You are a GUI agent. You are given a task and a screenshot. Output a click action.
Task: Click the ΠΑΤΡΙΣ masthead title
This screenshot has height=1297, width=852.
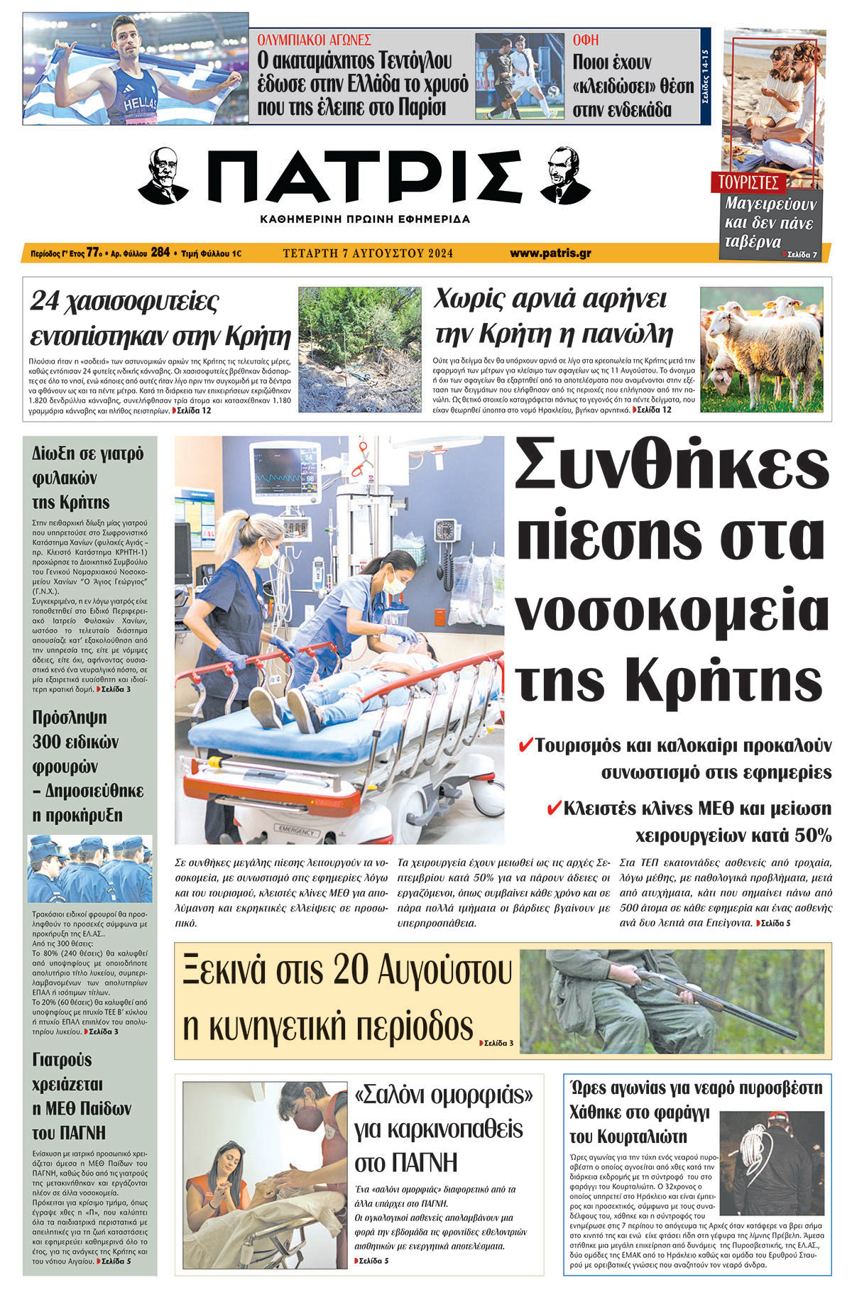click(364, 177)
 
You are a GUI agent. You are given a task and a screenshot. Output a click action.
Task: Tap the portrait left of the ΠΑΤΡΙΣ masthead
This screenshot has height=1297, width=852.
click(163, 175)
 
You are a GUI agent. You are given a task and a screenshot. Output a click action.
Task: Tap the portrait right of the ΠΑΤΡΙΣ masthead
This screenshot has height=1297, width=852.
click(564, 175)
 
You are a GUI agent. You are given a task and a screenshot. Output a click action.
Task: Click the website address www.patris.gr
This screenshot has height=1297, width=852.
click(550, 253)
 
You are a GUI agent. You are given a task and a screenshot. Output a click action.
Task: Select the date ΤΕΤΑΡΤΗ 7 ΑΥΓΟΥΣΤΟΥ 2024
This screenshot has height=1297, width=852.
click(368, 253)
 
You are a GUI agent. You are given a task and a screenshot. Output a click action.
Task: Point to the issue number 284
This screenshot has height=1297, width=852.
click(160, 252)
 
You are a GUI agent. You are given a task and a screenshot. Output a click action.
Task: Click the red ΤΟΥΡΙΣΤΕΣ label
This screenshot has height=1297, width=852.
click(748, 182)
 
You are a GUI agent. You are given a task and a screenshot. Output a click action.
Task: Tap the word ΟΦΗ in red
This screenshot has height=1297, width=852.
click(586, 40)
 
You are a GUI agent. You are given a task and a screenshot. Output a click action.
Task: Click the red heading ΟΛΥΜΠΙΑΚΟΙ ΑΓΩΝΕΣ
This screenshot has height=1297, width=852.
click(314, 40)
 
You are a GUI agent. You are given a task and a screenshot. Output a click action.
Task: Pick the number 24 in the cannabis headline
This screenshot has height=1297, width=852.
click(44, 301)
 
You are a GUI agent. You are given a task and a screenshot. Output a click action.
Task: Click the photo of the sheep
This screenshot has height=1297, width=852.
click(761, 349)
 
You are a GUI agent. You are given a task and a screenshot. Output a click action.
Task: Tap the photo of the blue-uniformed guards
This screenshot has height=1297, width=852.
click(89, 870)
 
